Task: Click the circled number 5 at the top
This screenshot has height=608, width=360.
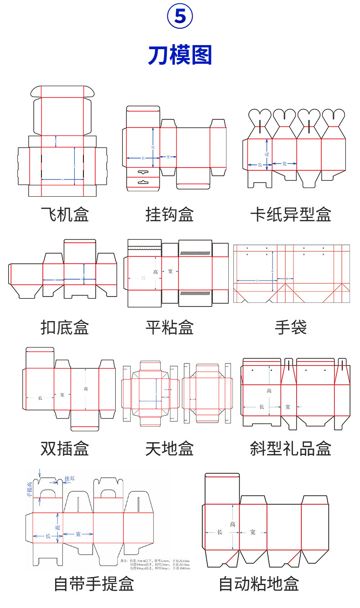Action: pyautogui.click(x=180, y=17)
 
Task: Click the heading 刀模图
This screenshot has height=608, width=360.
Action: pyautogui.click(x=180, y=55)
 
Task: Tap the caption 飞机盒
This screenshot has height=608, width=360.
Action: pyautogui.click(x=65, y=214)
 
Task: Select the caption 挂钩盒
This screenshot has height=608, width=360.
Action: pyautogui.click(x=170, y=214)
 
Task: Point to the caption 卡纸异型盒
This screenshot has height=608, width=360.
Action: pyautogui.click(x=291, y=214)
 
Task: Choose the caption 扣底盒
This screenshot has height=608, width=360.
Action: pyautogui.click(x=65, y=327)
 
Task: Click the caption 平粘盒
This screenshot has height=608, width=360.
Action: pyautogui.click(x=170, y=327)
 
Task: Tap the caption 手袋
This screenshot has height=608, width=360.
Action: pyautogui.click(x=291, y=327)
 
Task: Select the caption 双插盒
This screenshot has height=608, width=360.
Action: pyautogui.click(x=65, y=448)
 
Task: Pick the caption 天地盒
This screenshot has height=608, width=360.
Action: pyautogui.click(x=170, y=448)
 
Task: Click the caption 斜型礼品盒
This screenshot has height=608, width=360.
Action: pyautogui.click(x=291, y=448)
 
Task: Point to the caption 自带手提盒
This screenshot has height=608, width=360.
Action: pyautogui.click(x=94, y=583)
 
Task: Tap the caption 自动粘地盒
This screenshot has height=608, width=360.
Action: pyautogui.click(x=259, y=583)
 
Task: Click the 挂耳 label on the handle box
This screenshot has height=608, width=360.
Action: pyautogui.click(x=70, y=479)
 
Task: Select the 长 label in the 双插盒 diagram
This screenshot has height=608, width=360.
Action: pyautogui.click(x=40, y=398)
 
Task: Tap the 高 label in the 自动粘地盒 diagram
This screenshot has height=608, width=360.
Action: pyautogui.click(x=233, y=524)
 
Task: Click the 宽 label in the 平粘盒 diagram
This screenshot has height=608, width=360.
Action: pyautogui.click(x=170, y=271)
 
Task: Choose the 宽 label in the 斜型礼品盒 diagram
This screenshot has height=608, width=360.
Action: pyautogui.click(x=288, y=406)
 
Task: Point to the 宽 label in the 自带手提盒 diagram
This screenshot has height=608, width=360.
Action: pyautogui.click(x=78, y=534)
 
